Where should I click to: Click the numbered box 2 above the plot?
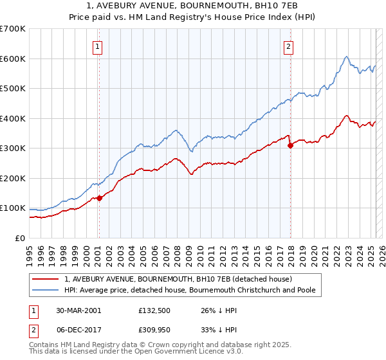[x=289, y=46]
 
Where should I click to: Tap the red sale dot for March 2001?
[x=99, y=198]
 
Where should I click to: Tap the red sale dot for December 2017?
[x=290, y=145]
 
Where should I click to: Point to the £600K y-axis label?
[x=13, y=59]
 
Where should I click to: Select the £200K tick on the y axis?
[x=13, y=178]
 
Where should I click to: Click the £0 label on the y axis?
[x=20, y=238]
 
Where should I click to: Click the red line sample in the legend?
[x=45, y=280]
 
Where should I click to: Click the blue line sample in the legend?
[x=45, y=291]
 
